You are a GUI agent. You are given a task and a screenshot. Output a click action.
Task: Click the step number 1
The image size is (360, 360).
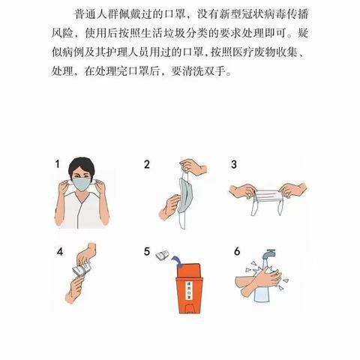(57, 163)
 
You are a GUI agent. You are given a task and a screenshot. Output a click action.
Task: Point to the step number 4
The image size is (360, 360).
(57, 250)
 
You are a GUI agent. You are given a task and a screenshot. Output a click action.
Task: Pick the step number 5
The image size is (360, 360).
(148, 250)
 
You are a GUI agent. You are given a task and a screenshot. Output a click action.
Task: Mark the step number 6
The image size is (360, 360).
(233, 250)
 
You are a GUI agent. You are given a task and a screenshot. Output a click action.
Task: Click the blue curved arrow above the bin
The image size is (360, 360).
(176, 259)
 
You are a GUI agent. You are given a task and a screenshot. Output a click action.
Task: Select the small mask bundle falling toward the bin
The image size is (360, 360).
(160, 256)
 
